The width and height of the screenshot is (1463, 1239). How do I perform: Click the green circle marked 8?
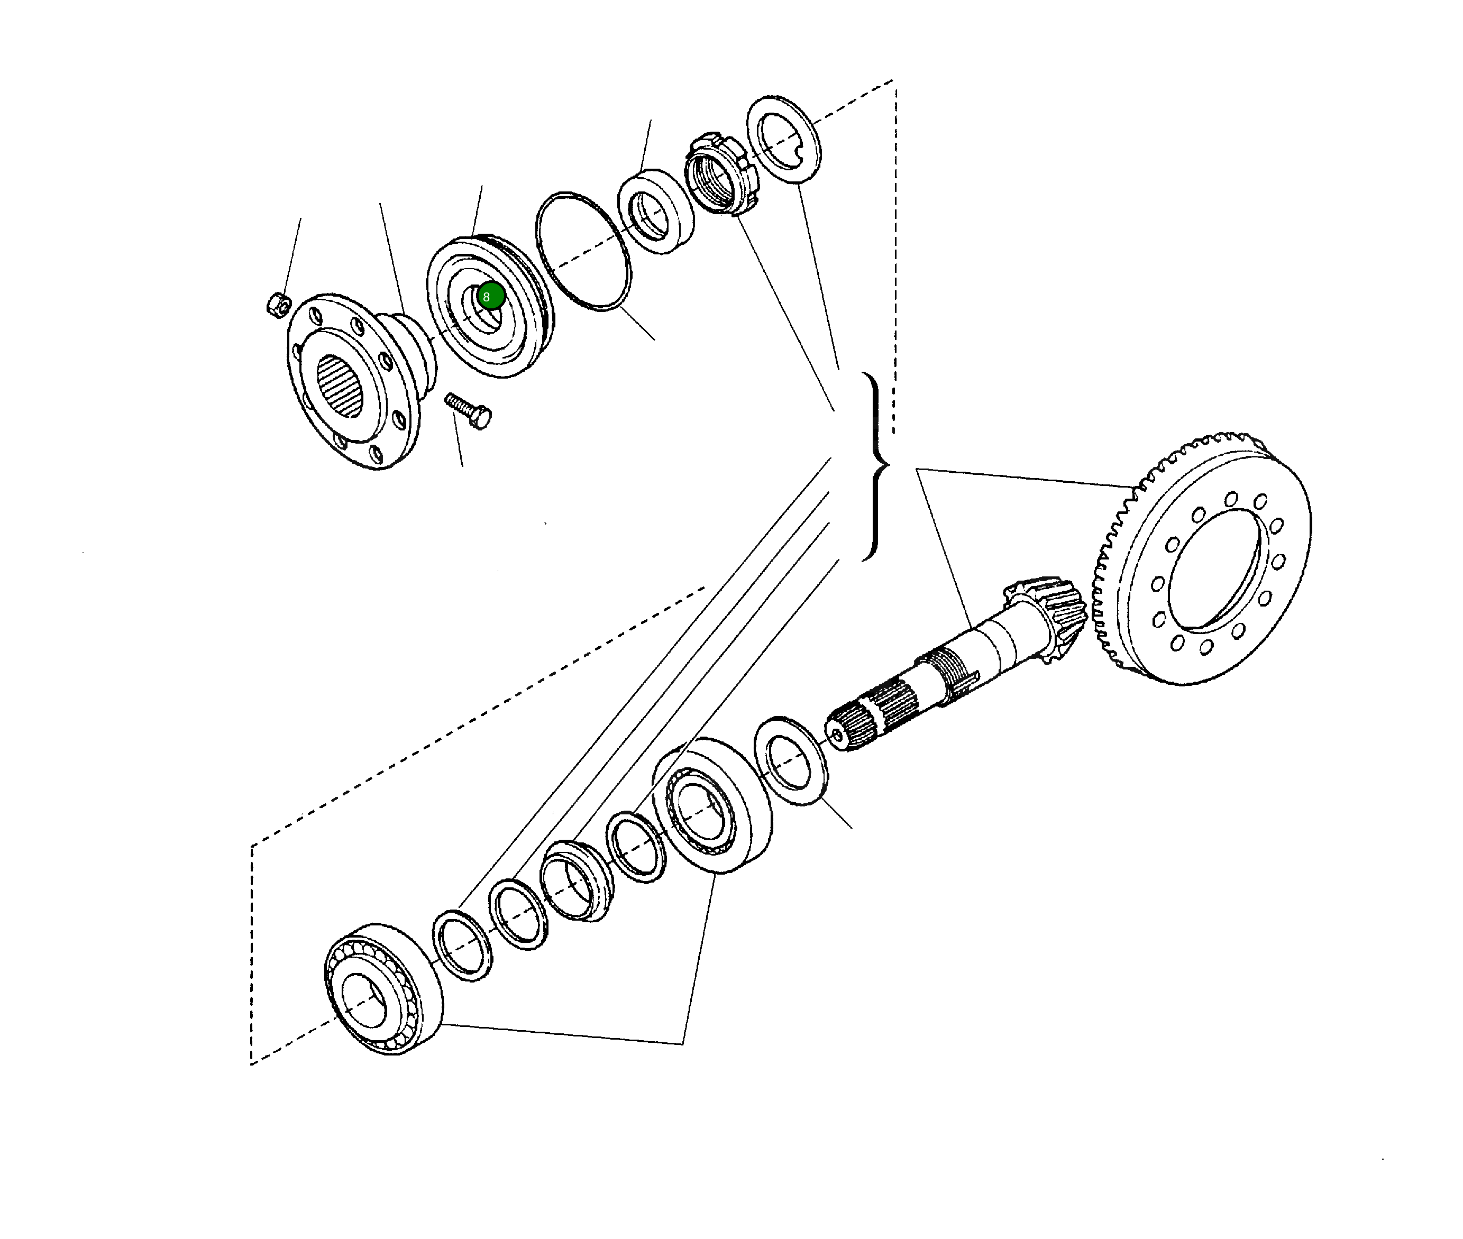click(x=490, y=296)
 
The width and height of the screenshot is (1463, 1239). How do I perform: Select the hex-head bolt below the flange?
click(x=469, y=411)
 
